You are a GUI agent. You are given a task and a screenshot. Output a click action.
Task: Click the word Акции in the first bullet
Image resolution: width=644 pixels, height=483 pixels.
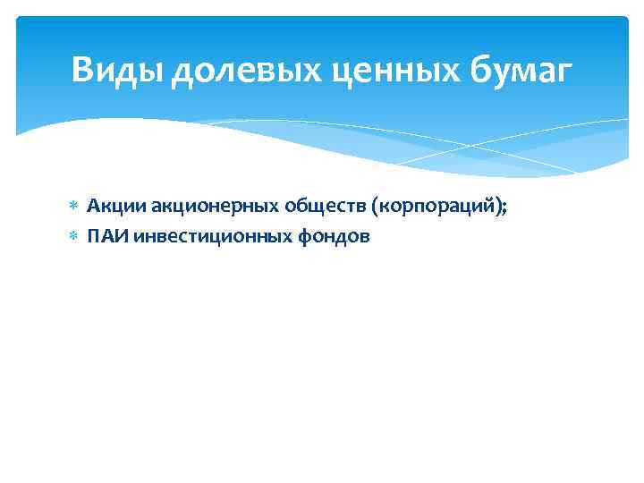pyautogui.click(x=106, y=207)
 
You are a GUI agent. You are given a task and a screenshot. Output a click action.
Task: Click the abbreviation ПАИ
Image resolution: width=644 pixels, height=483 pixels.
pyautogui.click(x=101, y=237)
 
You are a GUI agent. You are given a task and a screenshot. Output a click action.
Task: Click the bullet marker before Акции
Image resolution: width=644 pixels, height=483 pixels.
pyautogui.click(x=74, y=208)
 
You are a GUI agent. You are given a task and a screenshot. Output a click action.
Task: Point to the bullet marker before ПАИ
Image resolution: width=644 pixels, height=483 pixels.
pyautogui.click(x=74, y=238)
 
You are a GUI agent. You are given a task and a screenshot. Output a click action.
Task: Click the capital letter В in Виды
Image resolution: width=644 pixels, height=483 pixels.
pyautogui.click(x=83, y=70)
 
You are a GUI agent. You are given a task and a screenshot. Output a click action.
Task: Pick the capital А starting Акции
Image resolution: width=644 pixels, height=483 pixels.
pyautogui.click(x=91, y=207)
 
